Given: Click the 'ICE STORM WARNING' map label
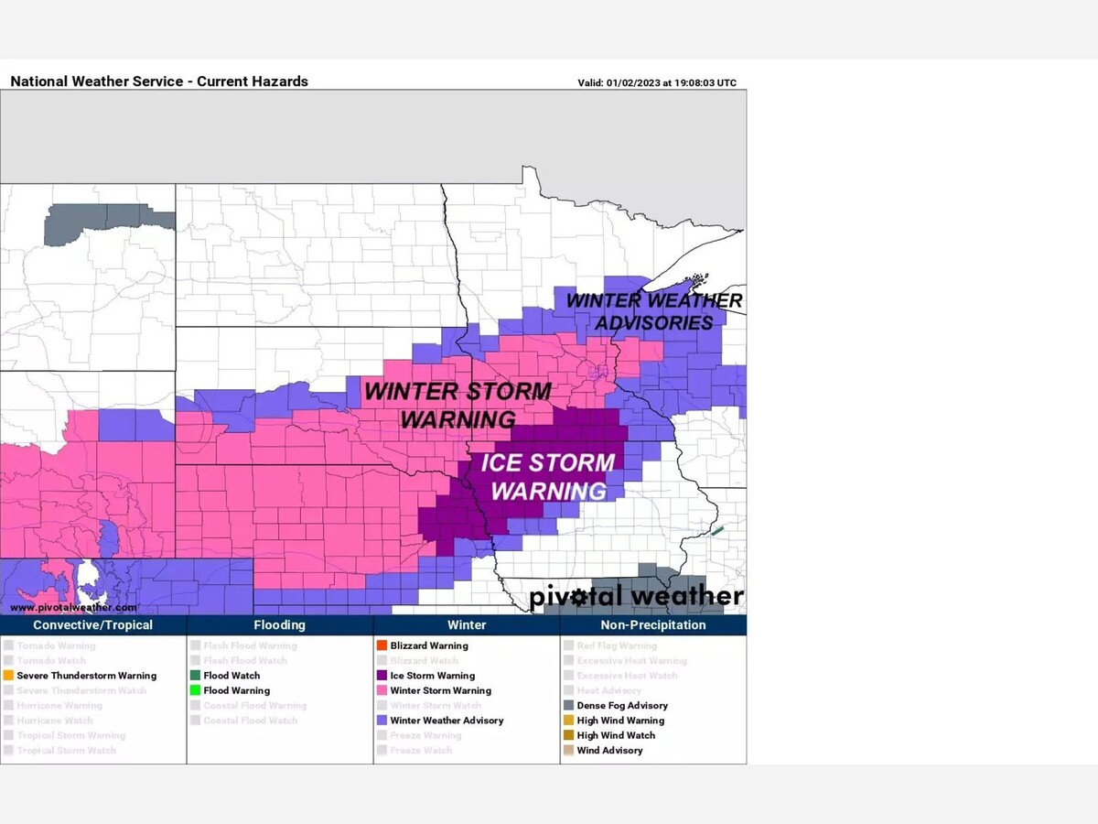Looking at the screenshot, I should click(547, 476).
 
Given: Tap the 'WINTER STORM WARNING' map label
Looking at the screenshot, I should click(457, 405).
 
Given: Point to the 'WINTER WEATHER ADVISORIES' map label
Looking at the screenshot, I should click(653, 311).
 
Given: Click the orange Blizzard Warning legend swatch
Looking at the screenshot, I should click(382, 645).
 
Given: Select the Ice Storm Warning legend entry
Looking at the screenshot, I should click(432, 676).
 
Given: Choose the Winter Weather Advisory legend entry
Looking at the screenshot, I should click(447, 721).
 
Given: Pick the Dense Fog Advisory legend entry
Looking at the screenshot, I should click(621, 706).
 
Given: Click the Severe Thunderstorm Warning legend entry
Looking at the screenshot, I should click(86, 676).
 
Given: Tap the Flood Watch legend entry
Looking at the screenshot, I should click(231, 676).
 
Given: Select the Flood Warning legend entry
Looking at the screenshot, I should click(236, 690).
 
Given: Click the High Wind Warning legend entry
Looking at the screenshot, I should click(620, 721).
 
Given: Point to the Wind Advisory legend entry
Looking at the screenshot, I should click(609, 751).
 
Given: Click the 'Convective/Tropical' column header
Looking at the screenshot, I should click(92, 625).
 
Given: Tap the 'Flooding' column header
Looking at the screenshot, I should click(279, 625).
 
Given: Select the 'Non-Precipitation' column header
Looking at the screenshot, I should click(652, 625).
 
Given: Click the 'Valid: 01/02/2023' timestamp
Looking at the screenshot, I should click(656, 82).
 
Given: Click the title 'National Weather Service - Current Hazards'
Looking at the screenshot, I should click(159, 81).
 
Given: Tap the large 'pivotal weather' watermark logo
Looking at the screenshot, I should click(636, 597).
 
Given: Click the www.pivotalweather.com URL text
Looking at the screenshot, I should click(73, 607).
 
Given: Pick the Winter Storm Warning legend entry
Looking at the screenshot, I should click(440, 690).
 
